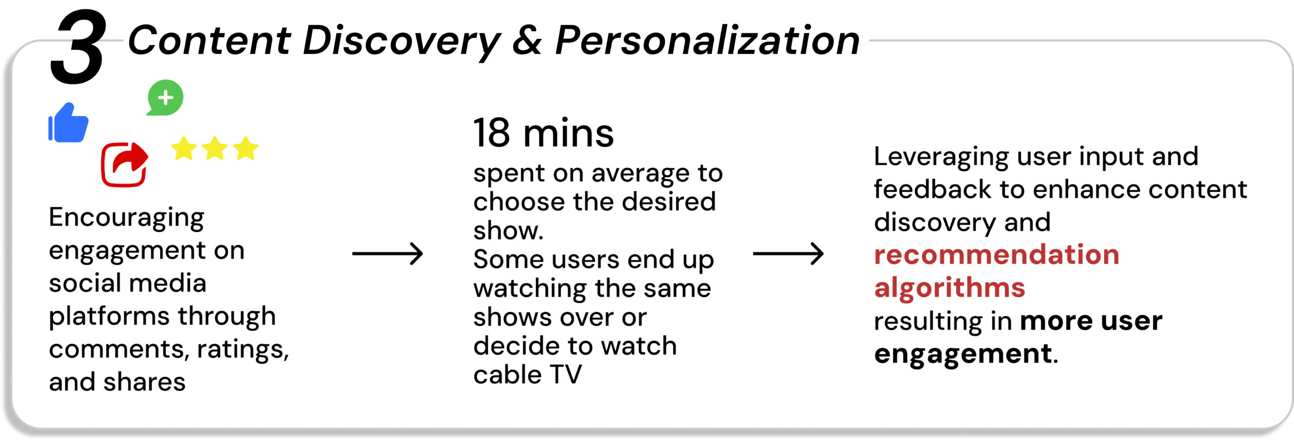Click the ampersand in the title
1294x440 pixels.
coord(527,40)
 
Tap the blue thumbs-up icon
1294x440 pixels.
coord(68,123)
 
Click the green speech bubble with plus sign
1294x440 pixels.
coord(165,97)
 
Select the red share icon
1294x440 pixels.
coord(125,165)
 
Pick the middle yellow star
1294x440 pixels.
coord(215,149)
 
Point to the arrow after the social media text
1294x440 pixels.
coord(387,254)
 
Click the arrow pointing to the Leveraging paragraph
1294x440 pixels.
coord(788,254)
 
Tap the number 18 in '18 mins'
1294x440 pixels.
coord(491,133)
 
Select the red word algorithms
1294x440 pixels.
coord(950,288)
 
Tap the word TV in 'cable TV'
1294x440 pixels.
coord(566,375)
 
